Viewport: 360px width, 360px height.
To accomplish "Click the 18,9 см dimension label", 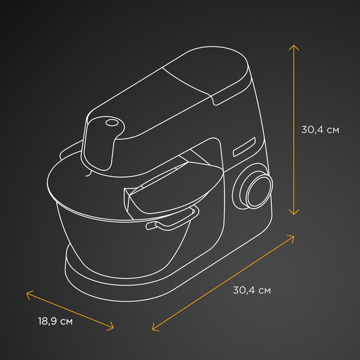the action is tap(55, 321).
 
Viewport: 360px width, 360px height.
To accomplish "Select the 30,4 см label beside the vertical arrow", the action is tap(320, 130).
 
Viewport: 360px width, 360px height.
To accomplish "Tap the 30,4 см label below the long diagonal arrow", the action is tap(252, 290).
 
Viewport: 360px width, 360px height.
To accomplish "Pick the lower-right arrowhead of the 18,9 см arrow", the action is tap(112, 328).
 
